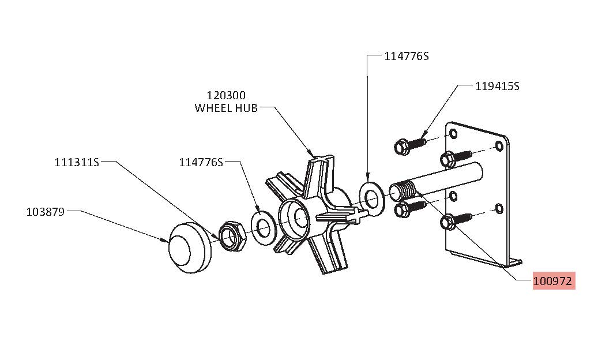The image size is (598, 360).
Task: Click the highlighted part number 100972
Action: [x=554, y=282]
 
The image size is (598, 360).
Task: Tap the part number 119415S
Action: [x=497, y=86]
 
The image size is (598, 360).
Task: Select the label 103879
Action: [x=46, y=212]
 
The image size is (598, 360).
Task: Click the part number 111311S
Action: [x=77, y=163]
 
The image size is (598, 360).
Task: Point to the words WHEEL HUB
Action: [x=226, y=108]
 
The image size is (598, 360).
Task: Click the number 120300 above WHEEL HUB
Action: [x=226, y=95]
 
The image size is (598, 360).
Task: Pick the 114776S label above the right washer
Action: [x=406, y=57]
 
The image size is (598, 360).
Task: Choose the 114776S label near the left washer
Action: [x=201, y=163]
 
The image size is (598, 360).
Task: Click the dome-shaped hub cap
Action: [x=190, y=247]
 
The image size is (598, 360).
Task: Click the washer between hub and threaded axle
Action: [x=371, y=198]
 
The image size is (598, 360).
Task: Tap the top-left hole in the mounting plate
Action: [x=453, y=134]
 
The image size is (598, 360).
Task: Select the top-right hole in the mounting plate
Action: [x=499, y=146]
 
